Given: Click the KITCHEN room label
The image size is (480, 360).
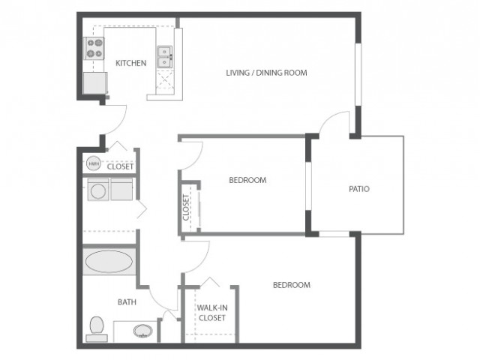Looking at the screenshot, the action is coord(130,63).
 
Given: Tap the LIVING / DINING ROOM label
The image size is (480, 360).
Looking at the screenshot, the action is coord(266,73).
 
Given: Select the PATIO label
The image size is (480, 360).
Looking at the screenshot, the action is coord(359,189).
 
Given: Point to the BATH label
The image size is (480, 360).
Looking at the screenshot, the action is coord(127,302).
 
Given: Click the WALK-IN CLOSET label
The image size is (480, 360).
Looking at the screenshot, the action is coord(212,313).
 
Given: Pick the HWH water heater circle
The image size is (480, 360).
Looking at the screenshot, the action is coord(94,163).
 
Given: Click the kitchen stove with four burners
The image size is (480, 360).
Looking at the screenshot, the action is coord(94,48).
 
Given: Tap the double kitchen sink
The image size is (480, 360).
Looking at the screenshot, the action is coord(165,57).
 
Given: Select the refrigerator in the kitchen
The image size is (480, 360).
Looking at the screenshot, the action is coord(95,83).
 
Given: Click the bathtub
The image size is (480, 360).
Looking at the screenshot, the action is coord(109,262).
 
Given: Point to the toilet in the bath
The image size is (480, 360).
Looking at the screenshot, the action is coord(97,329).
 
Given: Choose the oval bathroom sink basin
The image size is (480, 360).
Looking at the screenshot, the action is coord(143,331).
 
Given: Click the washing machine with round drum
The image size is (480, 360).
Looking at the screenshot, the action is coord(98,190).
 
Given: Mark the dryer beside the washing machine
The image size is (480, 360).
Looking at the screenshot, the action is coord(121,190).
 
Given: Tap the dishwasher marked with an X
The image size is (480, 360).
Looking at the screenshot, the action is coord(165,80).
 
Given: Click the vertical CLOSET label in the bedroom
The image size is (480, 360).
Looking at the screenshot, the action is coord(186,208).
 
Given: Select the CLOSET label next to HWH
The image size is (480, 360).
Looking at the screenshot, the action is coord(120,166).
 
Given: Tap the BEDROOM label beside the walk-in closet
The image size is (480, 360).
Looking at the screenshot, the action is coord(292,285).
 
